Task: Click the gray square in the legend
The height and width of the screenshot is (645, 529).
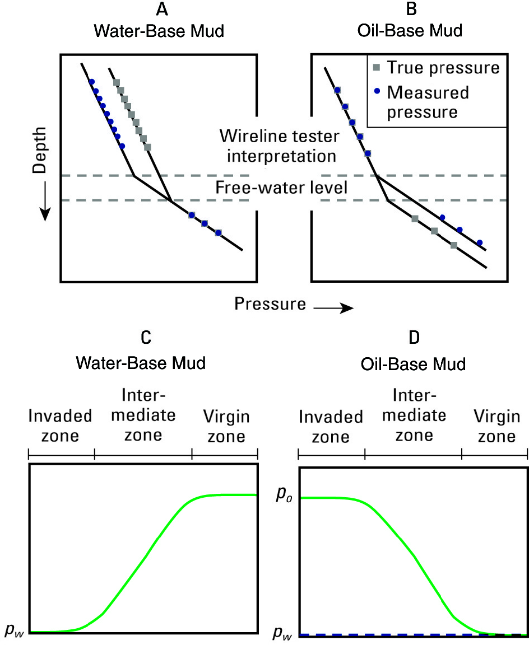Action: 377,68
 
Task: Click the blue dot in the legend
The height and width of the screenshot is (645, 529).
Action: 377,91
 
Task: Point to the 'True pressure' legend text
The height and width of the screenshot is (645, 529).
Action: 443,68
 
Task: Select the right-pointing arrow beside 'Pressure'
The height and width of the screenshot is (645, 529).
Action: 334,307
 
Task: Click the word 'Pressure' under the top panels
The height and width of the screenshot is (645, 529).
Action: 270,303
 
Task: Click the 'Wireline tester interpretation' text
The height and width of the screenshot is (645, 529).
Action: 278,145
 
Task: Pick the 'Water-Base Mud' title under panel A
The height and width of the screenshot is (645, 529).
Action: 158,31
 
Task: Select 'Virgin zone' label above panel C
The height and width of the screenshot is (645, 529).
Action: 226,427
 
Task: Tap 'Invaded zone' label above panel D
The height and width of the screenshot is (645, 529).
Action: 331,427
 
